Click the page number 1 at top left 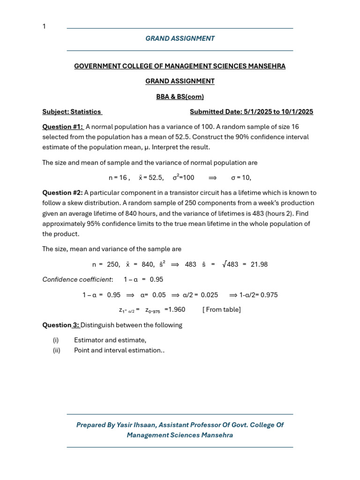pyautogui.click(x=44, y=26)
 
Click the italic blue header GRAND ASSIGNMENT pyautogui.click(x=180, y=38)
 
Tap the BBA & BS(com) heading pyautogui.click(x=180, y=97)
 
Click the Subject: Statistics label pyautogui.click(x=72, y=112)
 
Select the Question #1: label pyautogui.click(x=63, y=127)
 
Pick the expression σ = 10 pyautogui.click(x=241, y=178)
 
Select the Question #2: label pyautogui.click(x=62, y=193)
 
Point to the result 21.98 pyautogui.click(x=259, y=264)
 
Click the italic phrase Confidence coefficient pyautogui.click(x=77, y=279)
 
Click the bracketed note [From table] pyautogui.click(x=222, y=309)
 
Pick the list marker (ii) pyautogui.click(x=56, y=350)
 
